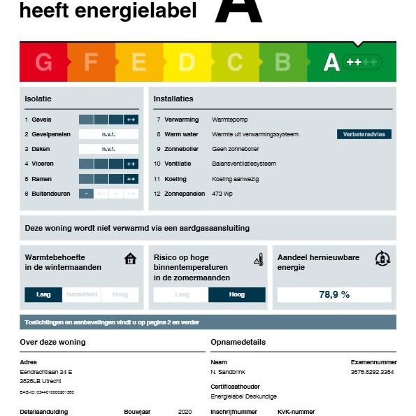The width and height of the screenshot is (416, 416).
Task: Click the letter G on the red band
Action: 43,63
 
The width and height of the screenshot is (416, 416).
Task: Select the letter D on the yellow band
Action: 187,63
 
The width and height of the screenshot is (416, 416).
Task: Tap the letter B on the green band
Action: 282,63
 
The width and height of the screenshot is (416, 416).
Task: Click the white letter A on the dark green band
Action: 331,63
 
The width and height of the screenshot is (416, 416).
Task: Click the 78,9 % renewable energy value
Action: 334,294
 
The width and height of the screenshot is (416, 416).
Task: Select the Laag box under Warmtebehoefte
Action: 43,295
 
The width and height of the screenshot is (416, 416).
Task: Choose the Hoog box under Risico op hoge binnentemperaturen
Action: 237,295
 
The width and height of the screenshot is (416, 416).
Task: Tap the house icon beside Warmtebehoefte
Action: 130,259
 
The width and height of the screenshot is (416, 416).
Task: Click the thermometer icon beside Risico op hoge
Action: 258,260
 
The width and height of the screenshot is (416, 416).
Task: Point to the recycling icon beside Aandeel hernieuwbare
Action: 382,259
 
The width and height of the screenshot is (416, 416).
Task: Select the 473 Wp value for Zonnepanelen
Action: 222,194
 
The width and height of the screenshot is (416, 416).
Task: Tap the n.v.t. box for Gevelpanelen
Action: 108,134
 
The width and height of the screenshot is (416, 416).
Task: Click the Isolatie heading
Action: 38,99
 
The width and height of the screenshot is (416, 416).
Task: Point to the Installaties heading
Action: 173,99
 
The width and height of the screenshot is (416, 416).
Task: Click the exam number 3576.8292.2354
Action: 372,372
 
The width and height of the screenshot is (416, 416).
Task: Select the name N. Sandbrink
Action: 228,372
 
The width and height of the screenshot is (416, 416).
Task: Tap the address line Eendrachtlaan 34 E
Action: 46,372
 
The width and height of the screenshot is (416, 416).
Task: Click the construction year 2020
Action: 185,412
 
